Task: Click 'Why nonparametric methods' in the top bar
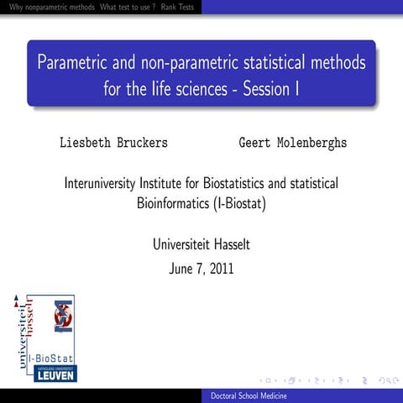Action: pos(48,7)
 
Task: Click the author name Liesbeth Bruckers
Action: pos(113,143)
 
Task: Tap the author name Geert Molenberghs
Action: pos(293,143)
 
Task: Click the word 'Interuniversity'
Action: pos(111,182)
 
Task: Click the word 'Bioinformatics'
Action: pos(173,202)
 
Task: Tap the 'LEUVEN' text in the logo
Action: pos(55,374)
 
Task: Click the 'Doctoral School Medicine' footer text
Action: pos(251,395)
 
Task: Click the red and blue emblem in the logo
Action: pos(62,316)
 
